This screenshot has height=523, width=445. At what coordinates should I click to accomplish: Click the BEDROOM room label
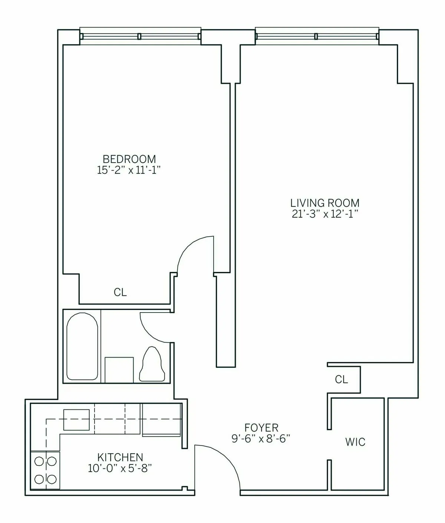click(x=129, y=159)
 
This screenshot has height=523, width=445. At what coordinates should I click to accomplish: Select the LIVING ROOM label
click(x=324, y=203)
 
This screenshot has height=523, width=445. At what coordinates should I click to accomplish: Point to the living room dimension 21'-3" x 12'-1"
click(x=324, y=214)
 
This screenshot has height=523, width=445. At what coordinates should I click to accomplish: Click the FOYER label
click(x=261, y=428)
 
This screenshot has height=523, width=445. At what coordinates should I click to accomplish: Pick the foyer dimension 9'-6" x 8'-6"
click(x=261, y=439)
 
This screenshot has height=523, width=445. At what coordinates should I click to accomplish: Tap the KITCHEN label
click(x=120, y=457)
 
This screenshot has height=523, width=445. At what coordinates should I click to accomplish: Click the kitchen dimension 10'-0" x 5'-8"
click(x=120, y=468)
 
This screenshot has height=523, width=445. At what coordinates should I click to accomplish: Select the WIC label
click(x=355, y=442)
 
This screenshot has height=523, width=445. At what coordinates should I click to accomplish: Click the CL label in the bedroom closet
click(x=120, y=292)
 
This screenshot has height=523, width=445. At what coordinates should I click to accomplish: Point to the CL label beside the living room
click(x=341, y=379)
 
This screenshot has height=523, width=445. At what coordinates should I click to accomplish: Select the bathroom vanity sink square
click(x=119, y=370)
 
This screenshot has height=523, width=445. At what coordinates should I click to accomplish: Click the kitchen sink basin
click(x=76, y=419)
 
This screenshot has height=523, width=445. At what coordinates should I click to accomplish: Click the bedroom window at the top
click(x=140, y=36)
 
